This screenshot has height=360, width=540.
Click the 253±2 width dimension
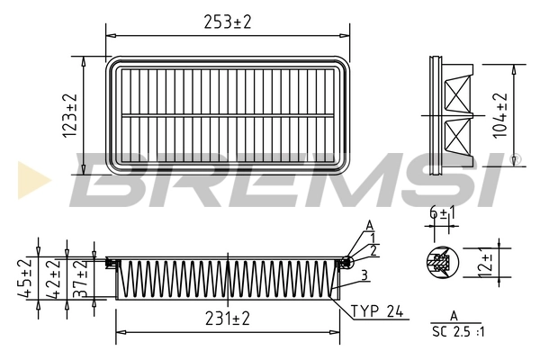226,19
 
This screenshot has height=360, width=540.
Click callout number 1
373,236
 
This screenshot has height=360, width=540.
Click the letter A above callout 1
369,224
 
